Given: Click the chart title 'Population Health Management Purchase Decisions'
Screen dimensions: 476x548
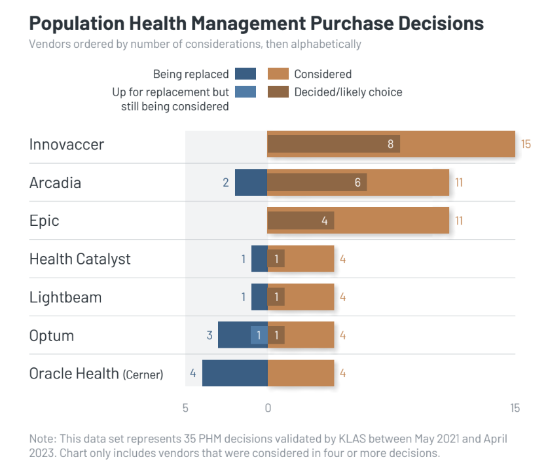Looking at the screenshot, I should coord(257,24).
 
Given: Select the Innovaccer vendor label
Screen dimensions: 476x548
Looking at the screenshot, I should coord(67,145).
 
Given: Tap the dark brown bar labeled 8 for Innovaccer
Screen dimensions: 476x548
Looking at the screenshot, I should coord(333,145).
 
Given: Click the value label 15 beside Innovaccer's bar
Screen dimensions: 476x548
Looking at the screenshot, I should coord(526,145).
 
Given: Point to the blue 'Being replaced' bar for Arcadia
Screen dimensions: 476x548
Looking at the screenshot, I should coord(251,183).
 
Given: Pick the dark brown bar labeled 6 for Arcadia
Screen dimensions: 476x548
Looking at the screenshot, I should coord(317,183).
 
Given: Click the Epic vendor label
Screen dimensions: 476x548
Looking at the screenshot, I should coord(45,221).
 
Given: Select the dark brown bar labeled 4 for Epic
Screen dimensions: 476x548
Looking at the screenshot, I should coord(301,221).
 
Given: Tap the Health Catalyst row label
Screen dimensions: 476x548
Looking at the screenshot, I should coord(80,259).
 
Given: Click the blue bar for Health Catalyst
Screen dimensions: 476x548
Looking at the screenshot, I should coord(259,259).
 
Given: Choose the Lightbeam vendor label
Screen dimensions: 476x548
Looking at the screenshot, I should coord(65,297).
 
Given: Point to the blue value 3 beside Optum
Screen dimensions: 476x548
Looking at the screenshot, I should coord(210,335).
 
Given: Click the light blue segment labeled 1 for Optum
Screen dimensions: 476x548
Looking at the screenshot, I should coord(259,335).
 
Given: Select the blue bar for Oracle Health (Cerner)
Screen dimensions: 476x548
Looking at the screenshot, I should coord(234,373).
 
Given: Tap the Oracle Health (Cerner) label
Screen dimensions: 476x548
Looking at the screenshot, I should coord(96,373).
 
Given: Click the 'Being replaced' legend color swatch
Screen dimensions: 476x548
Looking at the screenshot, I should coord(245,74).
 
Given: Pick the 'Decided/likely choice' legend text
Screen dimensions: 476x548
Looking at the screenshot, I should coord(348,92).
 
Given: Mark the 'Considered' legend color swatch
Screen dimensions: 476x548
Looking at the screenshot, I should coord(278,74).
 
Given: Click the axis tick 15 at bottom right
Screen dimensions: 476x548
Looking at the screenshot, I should coord(515,408).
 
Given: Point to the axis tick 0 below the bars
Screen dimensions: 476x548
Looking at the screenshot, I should coord(268,408).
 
